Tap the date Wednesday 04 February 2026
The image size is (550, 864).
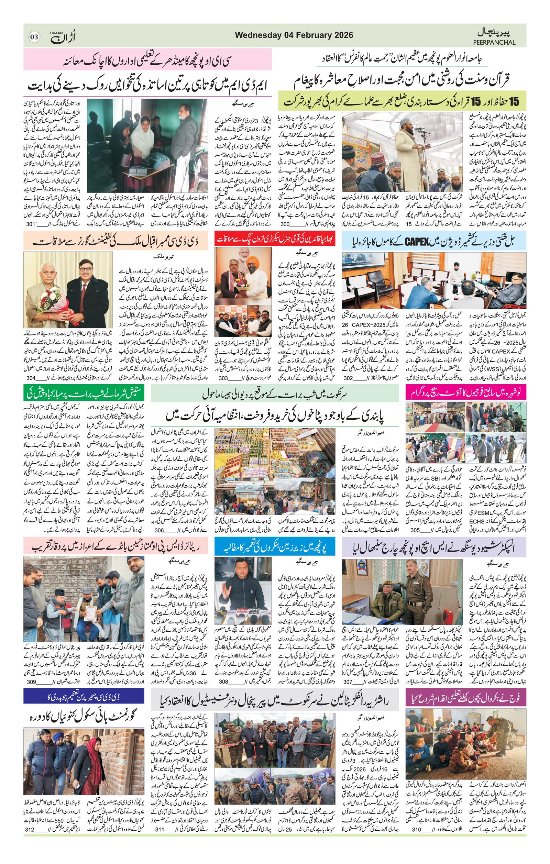pos(294,35)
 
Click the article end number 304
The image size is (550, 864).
pos(31,378)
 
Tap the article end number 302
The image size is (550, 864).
pos(348,378)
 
